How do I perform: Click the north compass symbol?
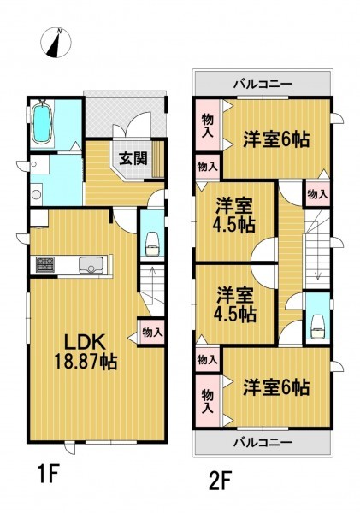(56, 43)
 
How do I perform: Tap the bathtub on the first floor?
(42, 121)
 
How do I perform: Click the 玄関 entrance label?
(133, 159)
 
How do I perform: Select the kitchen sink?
(91, 265)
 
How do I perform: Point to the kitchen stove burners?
(45, 265)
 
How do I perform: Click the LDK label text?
(85, 343)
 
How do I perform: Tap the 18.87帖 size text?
(86, 362)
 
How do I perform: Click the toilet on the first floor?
(152, 244)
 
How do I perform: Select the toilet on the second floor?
(317, 327)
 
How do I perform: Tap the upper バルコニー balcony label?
(263, 85)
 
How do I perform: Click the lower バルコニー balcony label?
(263, 443)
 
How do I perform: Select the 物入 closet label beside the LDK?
(152, 333)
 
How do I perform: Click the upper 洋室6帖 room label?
(276, 139)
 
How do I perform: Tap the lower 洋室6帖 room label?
(276, 387)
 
